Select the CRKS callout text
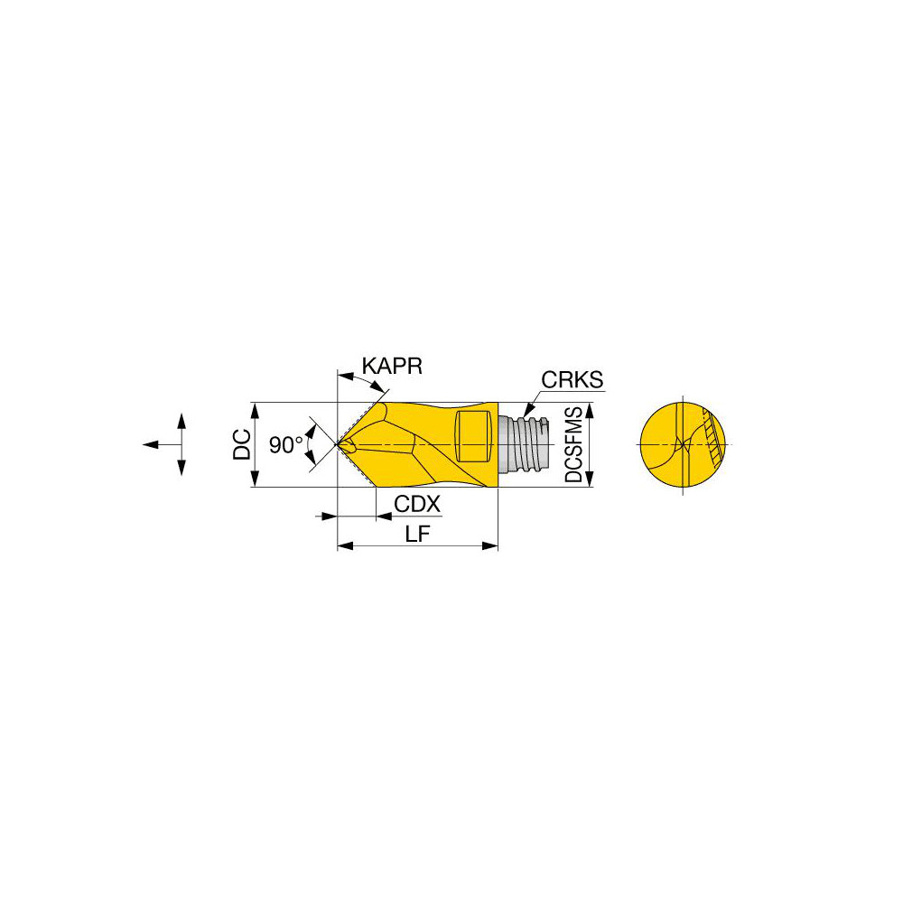tap(572, 380)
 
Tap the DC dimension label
tap(241, 444)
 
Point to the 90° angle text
tap(285, 444)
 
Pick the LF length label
tap(417, 535)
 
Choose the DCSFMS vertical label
tap(573, 444)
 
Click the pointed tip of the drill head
tap(340, 444)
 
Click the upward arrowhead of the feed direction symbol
tap(182, 420)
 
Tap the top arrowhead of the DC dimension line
tap(256, 407)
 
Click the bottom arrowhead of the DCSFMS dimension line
tap(591, 480)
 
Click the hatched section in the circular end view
tap(712, 438)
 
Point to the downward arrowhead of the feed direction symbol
tap(182, 469)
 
